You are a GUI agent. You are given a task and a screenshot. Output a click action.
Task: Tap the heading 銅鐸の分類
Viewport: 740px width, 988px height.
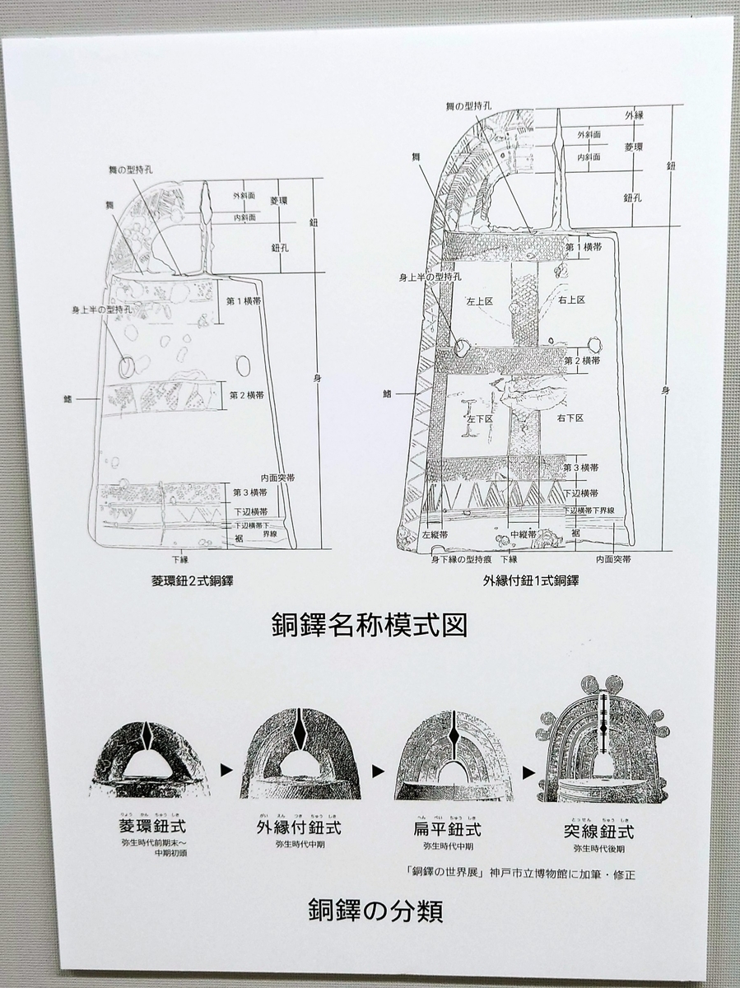pos(375,910)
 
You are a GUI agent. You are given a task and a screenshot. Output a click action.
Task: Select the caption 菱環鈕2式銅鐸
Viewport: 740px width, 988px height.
pos(187,581)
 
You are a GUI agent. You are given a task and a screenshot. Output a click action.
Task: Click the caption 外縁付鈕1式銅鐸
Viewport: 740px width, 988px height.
pos(531,580)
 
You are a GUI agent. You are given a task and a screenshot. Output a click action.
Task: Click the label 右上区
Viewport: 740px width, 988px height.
pos(570,301)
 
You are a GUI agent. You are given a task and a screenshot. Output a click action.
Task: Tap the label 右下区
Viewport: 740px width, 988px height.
pos(570,419)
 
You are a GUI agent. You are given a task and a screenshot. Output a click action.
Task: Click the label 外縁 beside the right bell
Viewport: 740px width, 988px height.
pos(634,115)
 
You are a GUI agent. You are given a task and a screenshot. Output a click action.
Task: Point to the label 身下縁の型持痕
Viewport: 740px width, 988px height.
pos(461,559)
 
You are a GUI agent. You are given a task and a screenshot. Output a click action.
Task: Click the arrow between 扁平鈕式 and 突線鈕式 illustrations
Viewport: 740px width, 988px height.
pos(528,772)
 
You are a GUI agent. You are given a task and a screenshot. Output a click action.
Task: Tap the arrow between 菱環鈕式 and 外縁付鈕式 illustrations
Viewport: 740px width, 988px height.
pos(225,772)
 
